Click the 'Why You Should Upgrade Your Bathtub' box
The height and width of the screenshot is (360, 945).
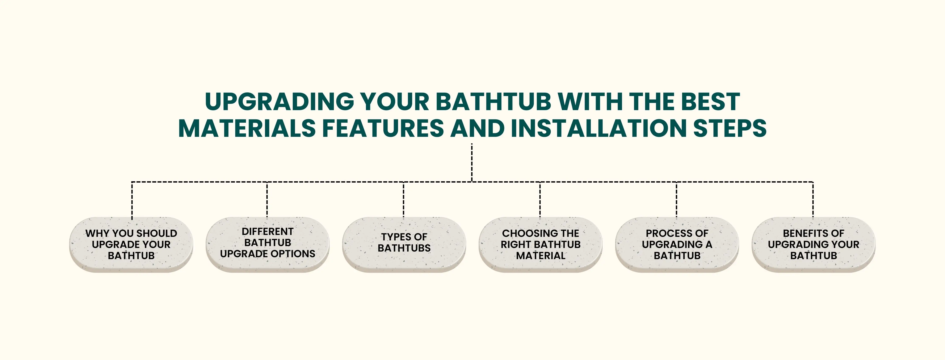(x=131, y=244)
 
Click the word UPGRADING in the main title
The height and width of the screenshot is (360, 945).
(x=279, y=102)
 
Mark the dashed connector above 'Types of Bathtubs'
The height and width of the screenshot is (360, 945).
(x=404, y=200)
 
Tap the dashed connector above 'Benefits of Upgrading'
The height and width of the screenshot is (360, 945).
(x=813, y=200)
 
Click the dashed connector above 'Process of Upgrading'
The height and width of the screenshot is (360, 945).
(x=676, y=200)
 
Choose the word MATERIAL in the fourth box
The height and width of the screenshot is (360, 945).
(x=541, y=255)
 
